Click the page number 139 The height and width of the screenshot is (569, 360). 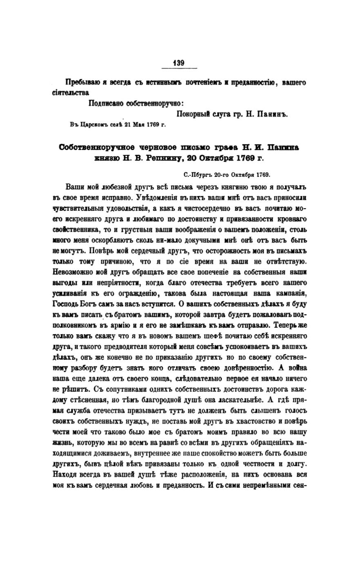coord(179,63)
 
